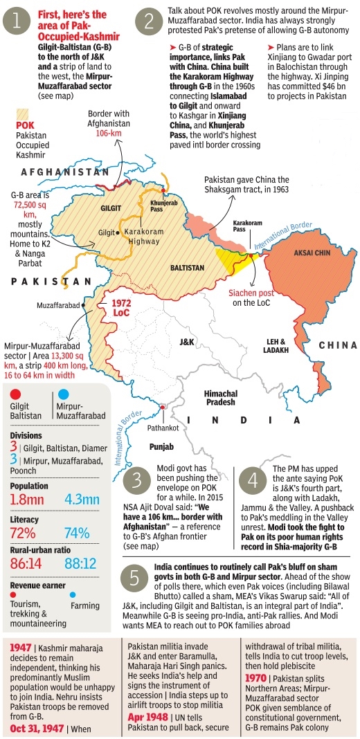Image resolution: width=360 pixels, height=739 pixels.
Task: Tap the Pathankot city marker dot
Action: click(161, 407)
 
